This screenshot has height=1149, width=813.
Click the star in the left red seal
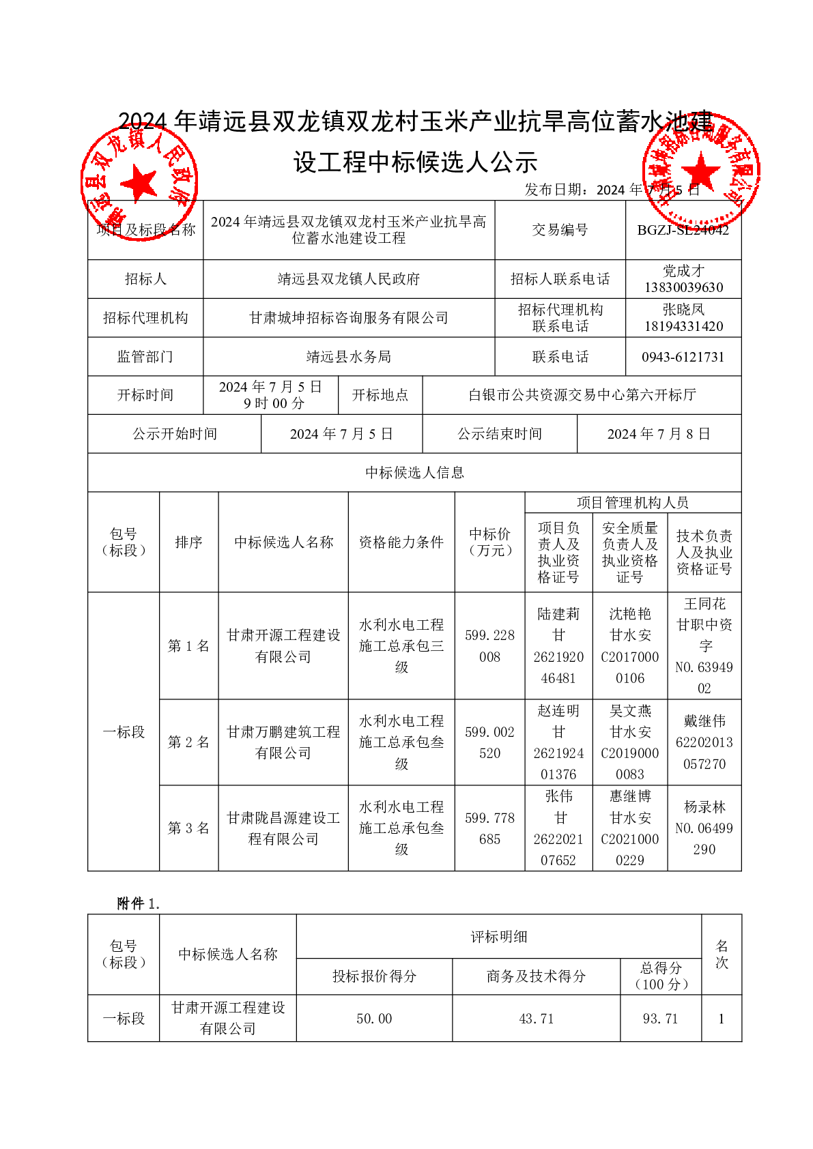tap(139, 183)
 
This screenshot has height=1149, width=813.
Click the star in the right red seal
tap(700, 171)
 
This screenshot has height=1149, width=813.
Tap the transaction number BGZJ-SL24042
tap(683, 230)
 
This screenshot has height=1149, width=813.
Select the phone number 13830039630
tap(683, 287)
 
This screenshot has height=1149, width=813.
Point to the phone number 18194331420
tap(683, 326)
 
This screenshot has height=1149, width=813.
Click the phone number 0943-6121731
tap(683, 357)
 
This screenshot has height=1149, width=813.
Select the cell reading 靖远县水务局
tap(349, 357)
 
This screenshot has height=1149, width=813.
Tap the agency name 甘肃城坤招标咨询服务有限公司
tap(349, 318)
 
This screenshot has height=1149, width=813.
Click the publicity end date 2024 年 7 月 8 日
tap(659, 434)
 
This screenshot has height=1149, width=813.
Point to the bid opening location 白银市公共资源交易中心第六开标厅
tap(582, 395)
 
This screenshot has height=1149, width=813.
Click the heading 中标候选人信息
tap(414, 473)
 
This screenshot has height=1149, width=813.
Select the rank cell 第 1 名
tap(188, 645)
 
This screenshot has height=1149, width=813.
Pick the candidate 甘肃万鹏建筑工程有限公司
tap(283, 742)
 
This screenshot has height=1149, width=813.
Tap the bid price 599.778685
tap(489, 828)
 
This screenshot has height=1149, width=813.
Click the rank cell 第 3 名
tap(188, 828)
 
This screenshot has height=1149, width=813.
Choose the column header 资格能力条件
tap(401, 542)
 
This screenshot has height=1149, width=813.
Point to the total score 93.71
tap(660, 1019)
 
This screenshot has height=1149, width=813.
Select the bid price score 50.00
tap(374, 1019)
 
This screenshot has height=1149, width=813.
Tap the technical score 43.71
tap(536, 1019)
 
